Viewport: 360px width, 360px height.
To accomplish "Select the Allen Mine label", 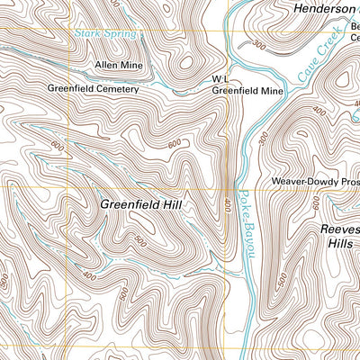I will click(119, 65).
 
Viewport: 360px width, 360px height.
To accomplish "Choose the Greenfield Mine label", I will click(247, 91).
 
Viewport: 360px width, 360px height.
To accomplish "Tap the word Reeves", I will click(340, 229).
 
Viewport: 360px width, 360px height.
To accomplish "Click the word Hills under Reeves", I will click(342, 243).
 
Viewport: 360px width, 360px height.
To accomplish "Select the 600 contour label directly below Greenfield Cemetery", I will click(58, 147).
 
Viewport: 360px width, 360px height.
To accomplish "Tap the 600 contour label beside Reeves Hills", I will click(316, 205).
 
